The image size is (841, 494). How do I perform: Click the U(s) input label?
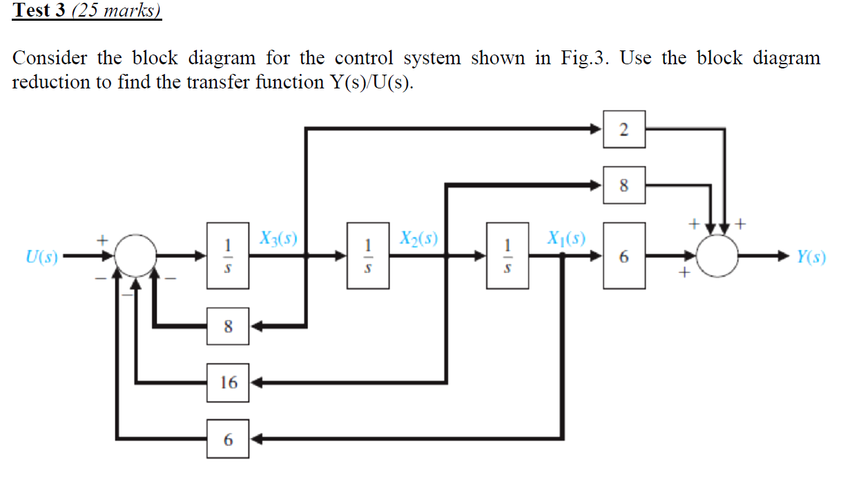pyautogui.click(x=41, y=257)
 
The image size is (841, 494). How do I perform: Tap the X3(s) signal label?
pyautogui.click(x=278, y=239)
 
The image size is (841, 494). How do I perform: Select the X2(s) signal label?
pyautogui.click(x=419, y=239)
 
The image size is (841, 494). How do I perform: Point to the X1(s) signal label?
pyautogui.click(x=565, y=239)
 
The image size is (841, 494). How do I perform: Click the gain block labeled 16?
pyautogui.click(x=229, y=381)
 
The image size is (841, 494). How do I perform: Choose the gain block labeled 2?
pyautogui.click(x=624, y=129)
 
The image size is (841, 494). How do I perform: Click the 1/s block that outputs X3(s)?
pyautogui.click(x=228, y=256)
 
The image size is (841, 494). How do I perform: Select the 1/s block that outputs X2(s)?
pyautogui.click(x=368, y=256)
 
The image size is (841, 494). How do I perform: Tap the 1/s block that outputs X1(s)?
pyautogui.click(x=508, y=256)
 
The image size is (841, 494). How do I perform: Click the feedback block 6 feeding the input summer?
pyautogui.click(x=229, y=439)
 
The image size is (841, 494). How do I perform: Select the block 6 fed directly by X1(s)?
pyautogui.click(x=624, y=256)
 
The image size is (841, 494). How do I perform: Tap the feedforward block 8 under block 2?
pyautogui.click(x=624, y=185)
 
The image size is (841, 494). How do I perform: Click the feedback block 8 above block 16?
pyautogui.click(x=229, y=325)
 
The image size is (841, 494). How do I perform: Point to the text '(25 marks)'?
pyautogui.click(x=117, y=11)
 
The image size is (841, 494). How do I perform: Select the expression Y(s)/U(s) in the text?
pyautogui.click(x=369, y=82)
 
